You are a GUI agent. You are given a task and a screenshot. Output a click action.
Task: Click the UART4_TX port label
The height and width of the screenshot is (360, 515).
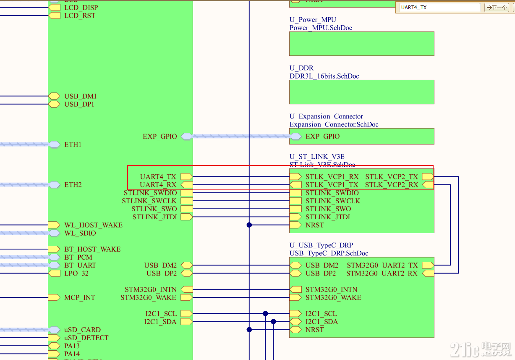(x=158, y=177)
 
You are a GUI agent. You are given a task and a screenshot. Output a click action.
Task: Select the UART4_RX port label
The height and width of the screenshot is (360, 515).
(x=158, y=185)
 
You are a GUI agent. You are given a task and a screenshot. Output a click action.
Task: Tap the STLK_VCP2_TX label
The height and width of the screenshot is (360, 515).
(x=391, y=177)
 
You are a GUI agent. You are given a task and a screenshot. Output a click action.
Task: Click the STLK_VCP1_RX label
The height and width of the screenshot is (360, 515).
(x=332, y=177)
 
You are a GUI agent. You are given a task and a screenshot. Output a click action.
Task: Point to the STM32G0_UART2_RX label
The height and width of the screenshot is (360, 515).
(x=382, y=273)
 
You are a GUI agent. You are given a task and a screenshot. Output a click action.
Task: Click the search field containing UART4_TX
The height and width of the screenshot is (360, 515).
(x=439, y=8)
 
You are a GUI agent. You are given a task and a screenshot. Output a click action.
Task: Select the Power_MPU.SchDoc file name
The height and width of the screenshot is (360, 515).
(x=321, y=28)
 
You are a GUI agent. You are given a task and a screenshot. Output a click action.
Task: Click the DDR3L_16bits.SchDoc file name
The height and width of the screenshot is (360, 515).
(x=324, y=76)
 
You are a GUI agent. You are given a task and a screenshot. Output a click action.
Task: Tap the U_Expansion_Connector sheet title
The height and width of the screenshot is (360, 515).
(x=326, y=116)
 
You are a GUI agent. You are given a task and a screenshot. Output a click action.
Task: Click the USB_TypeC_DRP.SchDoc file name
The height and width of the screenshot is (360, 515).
(x=329, y=253)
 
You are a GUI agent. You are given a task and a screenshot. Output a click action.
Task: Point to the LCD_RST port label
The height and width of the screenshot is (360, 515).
(x=79, y=16)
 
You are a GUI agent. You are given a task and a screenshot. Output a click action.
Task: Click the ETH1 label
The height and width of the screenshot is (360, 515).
(x=73, y=145)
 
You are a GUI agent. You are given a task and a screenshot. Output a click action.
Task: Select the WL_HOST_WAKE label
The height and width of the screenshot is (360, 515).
(x=93, y=225)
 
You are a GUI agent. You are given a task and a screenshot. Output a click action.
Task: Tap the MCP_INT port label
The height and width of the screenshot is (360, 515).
(x=79, y=297)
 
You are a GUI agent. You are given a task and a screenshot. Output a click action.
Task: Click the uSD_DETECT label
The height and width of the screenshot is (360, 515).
(x=86, y=338)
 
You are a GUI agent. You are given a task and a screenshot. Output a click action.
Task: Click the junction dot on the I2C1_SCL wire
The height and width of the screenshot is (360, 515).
(x=265, y=313)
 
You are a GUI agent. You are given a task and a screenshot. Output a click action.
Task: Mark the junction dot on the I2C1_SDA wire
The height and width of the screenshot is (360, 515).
(x=273, y=322)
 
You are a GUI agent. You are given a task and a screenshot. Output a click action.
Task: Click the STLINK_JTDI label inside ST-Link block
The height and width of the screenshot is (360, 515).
(x=327, y=217)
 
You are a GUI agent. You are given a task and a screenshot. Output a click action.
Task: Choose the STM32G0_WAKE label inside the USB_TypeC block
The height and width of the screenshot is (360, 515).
(x=333, y=297)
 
